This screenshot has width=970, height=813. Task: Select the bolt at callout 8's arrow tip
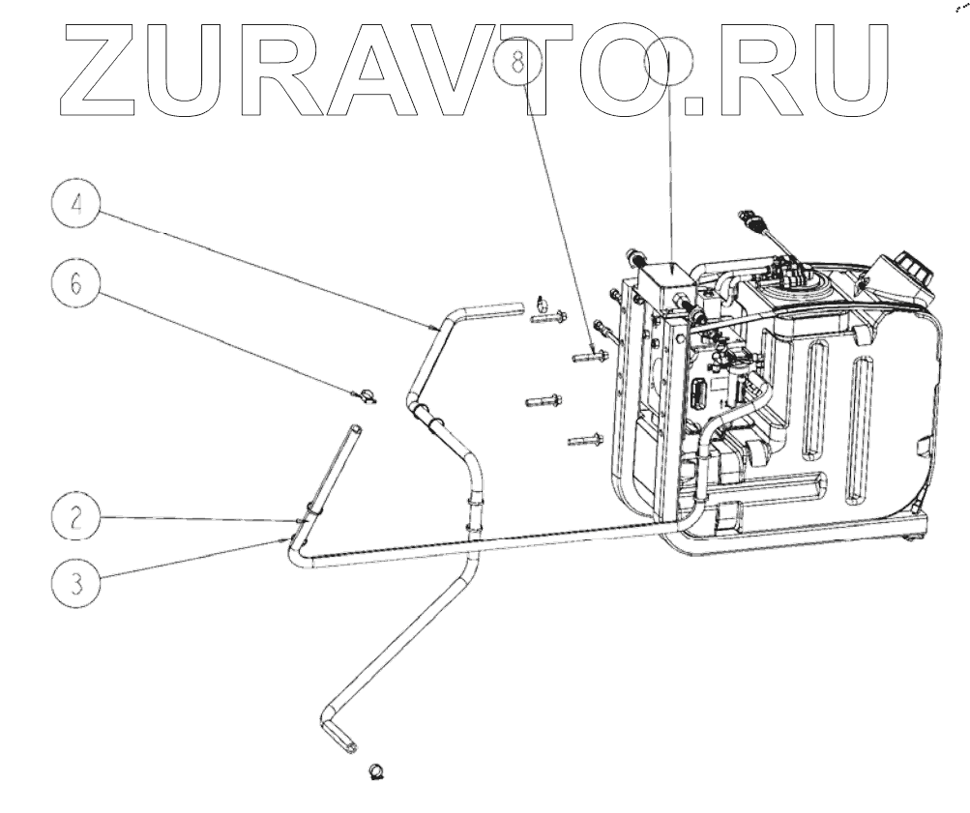[589, 357]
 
